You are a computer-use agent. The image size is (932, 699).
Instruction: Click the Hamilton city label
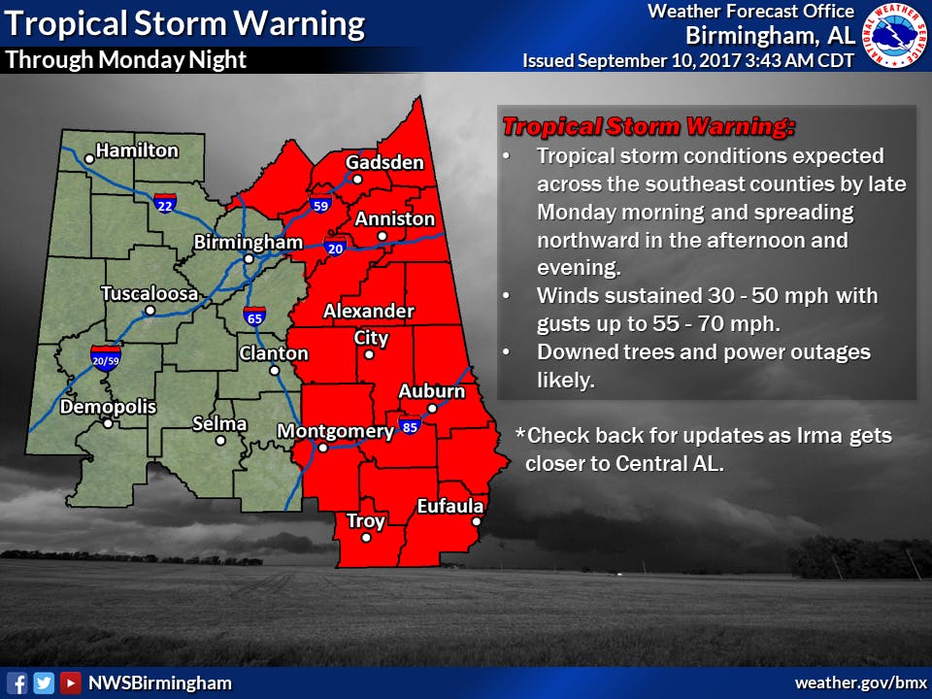point(137,150)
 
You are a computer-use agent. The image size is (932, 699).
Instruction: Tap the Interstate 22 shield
point(165,204)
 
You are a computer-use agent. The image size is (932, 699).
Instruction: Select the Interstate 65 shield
point(254,315)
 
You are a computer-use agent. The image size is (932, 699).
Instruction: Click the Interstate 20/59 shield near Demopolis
point(105,356)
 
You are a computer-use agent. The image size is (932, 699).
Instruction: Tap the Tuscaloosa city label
point(150,293)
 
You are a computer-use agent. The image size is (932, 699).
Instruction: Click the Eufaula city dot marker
point(477,522)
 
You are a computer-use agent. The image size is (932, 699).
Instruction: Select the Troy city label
point(366,521)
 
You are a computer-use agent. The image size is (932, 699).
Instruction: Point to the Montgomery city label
point(335,430)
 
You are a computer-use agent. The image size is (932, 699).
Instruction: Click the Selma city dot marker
point(221,440)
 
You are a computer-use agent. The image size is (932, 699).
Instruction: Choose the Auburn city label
point(432,391)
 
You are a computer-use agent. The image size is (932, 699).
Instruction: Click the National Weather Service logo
point(892,36)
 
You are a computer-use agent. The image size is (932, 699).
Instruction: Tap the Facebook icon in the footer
point(17,682)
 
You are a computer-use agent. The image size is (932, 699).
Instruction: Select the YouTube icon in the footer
point(70,682)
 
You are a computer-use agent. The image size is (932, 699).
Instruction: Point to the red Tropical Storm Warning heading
point(648,126)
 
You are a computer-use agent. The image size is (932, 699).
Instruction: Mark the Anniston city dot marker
point(383,236)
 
